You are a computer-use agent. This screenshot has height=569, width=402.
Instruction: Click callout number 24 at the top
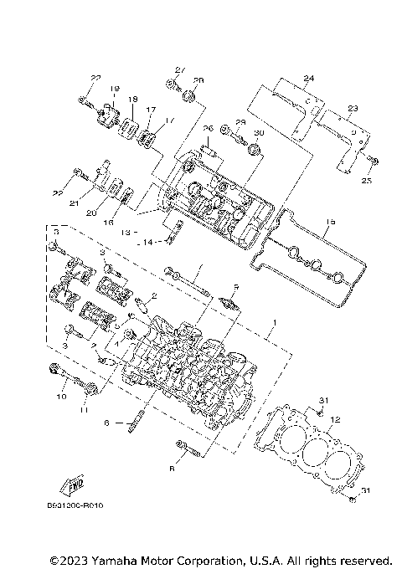(x=308, y=79)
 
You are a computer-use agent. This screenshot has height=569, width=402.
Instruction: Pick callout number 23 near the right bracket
(x=353, y=108)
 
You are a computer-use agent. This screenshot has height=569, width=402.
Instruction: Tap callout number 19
(x=113, y=88)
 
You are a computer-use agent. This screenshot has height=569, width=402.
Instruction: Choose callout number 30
(x=258, y=134)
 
